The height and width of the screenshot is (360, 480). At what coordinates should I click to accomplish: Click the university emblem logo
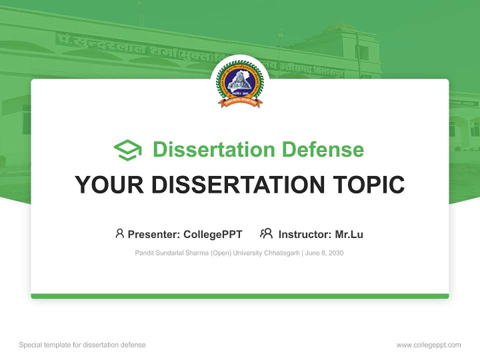tap(239, 83)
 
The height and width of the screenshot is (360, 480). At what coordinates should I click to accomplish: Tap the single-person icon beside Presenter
tap(119, 233)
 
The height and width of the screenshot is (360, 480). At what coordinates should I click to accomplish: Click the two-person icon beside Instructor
tap(266, 233)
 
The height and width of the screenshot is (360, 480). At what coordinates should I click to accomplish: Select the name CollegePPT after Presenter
tap(213, 234)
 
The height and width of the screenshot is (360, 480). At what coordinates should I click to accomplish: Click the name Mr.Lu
tap(349, 234)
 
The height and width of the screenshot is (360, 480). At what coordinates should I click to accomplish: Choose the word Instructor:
tap(304, 234)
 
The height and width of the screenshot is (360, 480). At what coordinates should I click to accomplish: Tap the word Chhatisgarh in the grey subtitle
tap(281, 253)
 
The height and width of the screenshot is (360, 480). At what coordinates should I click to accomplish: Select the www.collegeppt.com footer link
tap(428, 345)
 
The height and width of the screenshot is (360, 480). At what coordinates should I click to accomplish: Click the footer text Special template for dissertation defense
tap(82, 345)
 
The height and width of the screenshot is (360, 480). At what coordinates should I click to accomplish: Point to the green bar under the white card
tap(240, 296)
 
